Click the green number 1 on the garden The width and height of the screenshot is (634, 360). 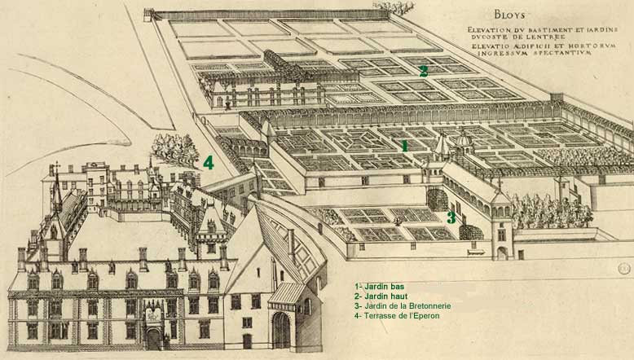tap(403, 145)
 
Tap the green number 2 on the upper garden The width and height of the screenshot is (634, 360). tap(423, 71)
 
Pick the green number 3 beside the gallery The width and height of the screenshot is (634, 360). tap(450, 217)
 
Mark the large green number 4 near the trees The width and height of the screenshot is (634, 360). tap(209, 163)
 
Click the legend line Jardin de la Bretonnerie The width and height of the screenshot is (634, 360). tap(403, 305)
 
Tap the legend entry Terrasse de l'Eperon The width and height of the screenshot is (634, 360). tap(398, 315)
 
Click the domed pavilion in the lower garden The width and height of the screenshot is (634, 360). tap(463, 143)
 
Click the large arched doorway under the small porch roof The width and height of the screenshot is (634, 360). tap(281, 329)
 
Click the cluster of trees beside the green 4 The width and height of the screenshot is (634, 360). tap(175, 150)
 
